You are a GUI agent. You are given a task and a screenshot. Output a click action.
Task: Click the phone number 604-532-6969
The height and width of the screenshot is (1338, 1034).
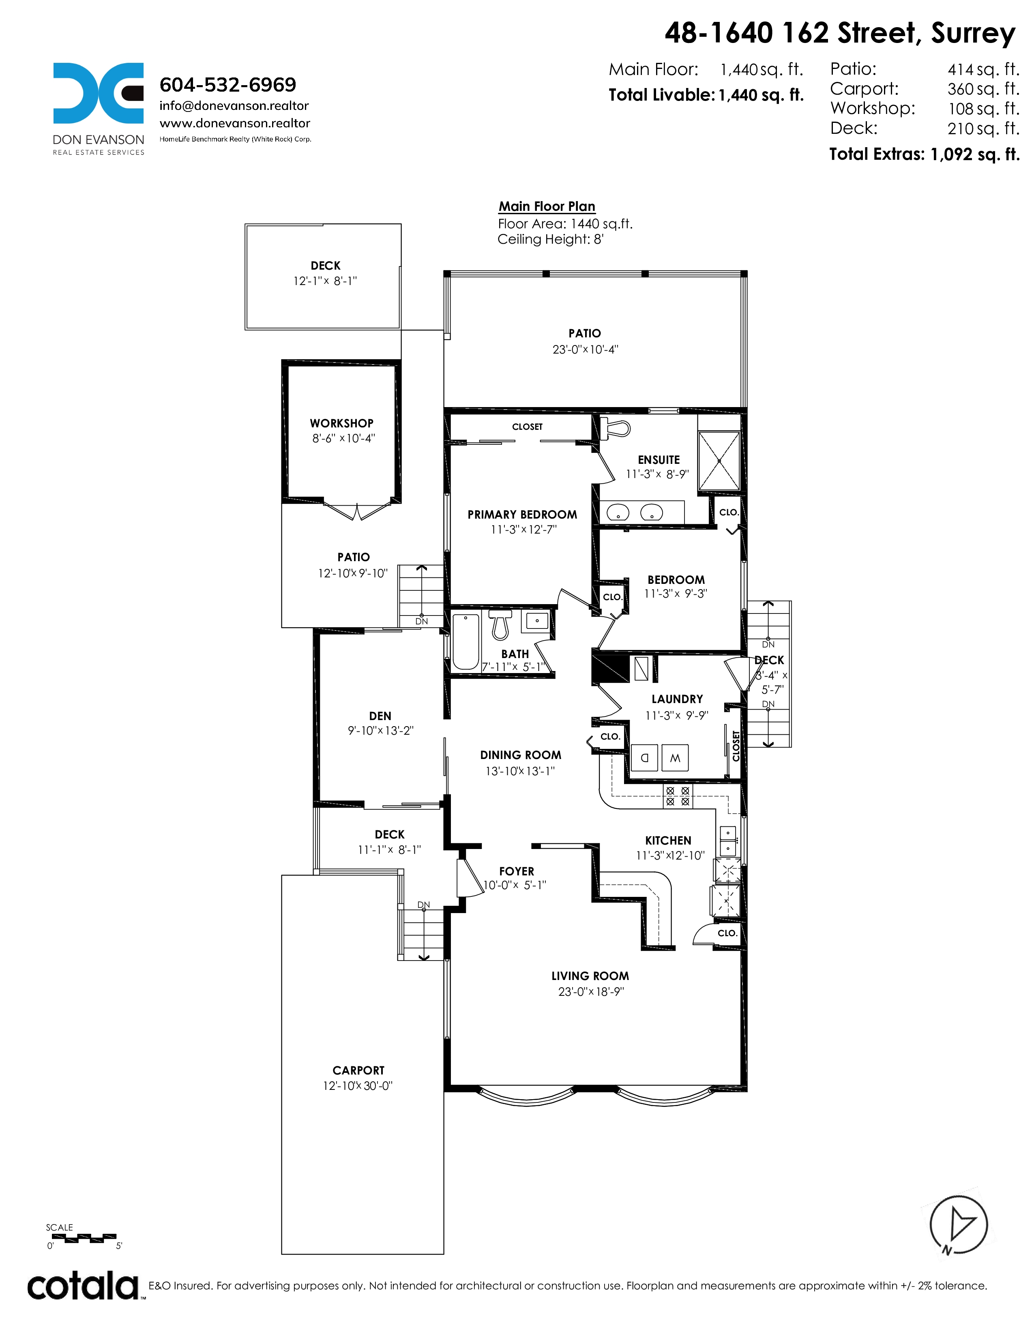[228, 85]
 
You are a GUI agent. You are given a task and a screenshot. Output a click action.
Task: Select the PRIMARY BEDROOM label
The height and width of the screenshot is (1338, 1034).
[522, 515]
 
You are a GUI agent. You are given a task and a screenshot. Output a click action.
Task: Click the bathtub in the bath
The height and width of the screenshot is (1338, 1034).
[466, 641]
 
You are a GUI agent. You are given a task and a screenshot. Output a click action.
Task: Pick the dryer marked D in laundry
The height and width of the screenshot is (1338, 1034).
[644, 758]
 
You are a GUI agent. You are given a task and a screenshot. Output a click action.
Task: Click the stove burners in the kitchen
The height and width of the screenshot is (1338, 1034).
[678, 796]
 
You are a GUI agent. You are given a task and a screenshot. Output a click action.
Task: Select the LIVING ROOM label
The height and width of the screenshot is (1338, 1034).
[590, 976]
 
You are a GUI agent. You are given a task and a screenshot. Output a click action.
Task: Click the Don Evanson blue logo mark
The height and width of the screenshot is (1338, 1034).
[98, 93]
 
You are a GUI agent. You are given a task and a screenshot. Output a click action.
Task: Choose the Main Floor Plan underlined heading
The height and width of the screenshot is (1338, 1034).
[547, 206]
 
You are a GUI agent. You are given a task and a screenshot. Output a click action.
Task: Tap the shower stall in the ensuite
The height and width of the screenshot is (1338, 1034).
[719, 461]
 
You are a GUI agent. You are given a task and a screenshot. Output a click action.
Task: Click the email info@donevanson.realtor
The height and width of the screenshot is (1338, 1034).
[234, 106]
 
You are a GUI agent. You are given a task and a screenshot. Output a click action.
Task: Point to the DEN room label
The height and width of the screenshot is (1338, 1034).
[380, 716]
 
